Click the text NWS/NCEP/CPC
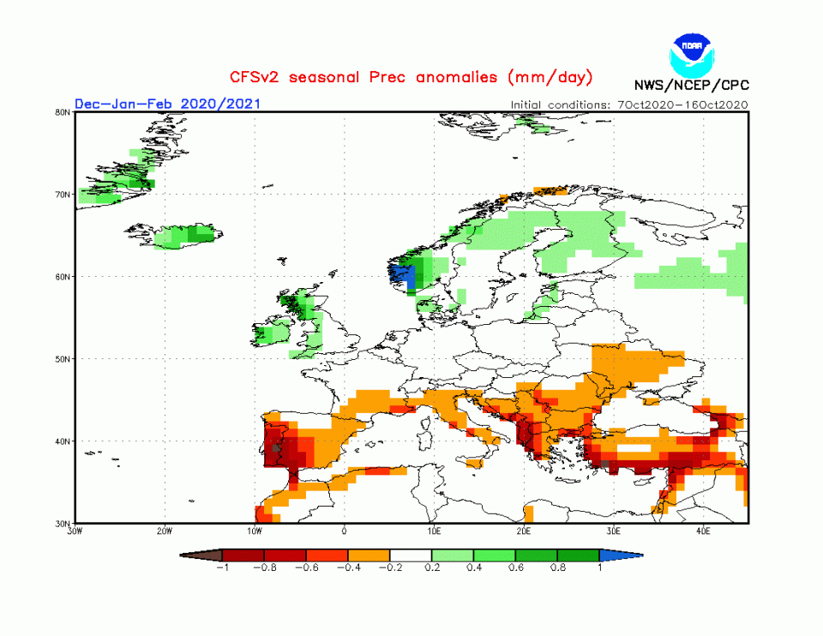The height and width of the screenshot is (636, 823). click(691, 86)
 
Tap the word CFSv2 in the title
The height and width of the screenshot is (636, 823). click(255, 77)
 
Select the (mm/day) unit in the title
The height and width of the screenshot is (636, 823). click(550, 77)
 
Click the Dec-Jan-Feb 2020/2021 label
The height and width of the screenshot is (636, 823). click(167, 104)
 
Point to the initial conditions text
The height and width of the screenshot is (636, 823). click(629, 105)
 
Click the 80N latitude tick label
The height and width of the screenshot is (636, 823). click(63, 111)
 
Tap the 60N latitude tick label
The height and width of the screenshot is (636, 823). click(63, 277)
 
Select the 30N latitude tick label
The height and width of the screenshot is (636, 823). click(63, 523)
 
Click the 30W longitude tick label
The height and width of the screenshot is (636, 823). click(75, 531)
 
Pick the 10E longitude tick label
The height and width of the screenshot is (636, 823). click(434, 531)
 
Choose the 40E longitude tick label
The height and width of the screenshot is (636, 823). click(703, 531)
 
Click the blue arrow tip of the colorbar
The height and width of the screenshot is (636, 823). click(631, 555)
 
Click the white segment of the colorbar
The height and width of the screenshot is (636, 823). click(411, 555)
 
